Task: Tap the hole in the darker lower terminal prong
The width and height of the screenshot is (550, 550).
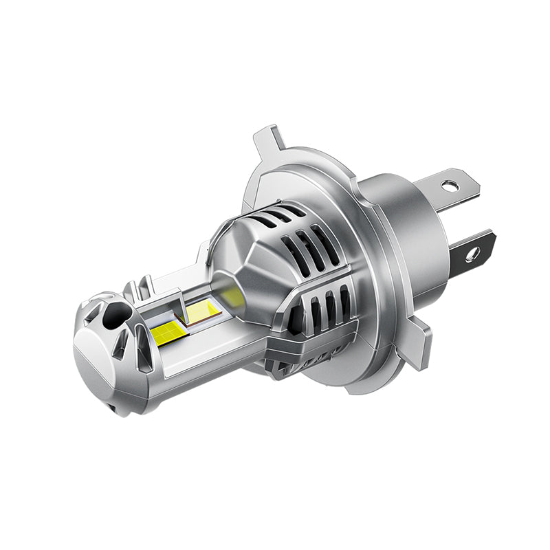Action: click(472, 254)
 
